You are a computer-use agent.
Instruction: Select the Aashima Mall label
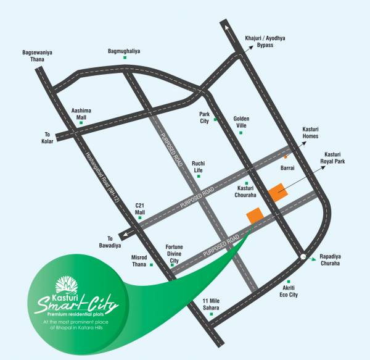81,111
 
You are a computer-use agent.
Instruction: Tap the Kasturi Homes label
310,133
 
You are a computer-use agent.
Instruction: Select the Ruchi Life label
198,167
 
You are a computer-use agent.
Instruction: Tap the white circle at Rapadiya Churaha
302,256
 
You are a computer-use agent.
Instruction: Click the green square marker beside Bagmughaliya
125,58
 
